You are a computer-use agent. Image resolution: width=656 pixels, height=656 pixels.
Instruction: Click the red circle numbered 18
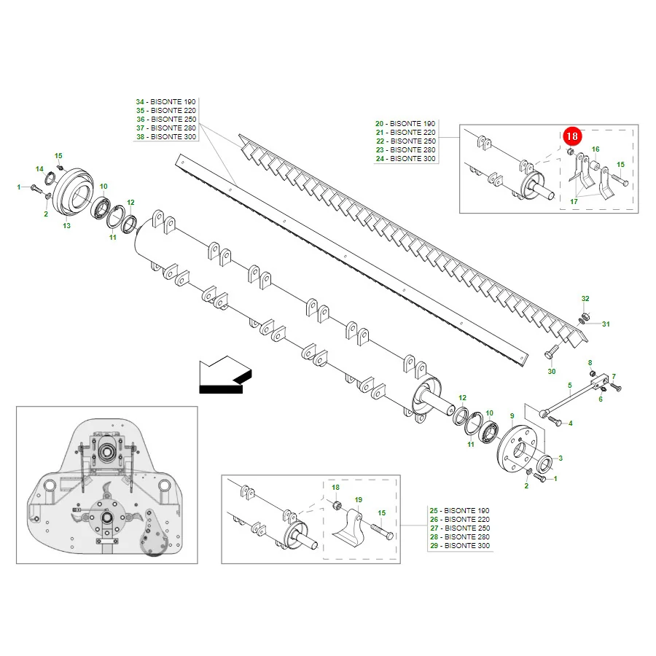[x=572, y=136]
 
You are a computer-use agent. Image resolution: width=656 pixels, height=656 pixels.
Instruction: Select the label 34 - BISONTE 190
[x=165, y=101]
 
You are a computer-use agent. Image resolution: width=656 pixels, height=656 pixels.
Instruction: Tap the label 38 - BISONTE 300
[x=166, y=137]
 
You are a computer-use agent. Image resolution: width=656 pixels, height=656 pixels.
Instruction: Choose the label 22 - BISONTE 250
[x=406, y=141]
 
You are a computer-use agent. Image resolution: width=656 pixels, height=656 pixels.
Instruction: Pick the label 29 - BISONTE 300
[x=460, y=545]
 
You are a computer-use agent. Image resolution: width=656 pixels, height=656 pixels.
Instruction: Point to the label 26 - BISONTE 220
[x=460, y=519]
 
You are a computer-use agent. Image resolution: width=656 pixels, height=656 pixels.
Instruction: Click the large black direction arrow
[x=225, y=375]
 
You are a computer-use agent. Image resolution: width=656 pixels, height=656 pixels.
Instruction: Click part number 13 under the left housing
[x=66, y=225]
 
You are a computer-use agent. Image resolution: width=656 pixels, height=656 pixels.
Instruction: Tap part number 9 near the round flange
[x=512, y=416]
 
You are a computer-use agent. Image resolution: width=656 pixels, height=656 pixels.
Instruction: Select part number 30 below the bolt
[x=552, y=372]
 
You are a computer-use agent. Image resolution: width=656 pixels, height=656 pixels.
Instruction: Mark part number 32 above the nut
[x=585, y=298]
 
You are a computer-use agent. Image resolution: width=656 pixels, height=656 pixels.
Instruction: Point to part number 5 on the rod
[x=570, y=385]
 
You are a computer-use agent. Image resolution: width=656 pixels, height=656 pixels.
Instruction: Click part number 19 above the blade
[x=358, y=499]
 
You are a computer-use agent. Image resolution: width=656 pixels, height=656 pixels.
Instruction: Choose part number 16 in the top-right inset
[x=596, y=149]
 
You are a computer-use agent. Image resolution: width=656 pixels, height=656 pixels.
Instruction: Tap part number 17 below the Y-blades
[x=574, y=202]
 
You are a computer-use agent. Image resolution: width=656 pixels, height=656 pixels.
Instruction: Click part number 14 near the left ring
[x=39, y=168]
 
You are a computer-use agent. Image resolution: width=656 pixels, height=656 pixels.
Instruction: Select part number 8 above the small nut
[x=590, y=363]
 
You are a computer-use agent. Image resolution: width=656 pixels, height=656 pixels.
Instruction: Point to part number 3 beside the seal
[x=561, y=458]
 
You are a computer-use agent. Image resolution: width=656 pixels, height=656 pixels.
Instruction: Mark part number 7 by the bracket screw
[x=614, y=377]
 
